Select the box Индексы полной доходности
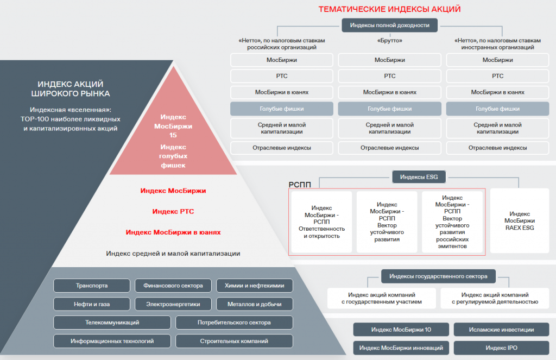tap(389, 25)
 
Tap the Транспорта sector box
tap(92, 286)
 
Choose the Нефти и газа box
tap(92, 304)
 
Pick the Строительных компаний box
tap(234, 341)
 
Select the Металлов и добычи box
tap(254, 304)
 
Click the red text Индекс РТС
tap(173, 211)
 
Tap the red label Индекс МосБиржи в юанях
tap(173, 232)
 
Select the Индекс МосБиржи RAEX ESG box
tap(519, 221)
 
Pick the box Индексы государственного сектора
tap(438, 276)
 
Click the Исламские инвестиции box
tap(501, 330)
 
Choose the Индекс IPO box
tap(501, 348)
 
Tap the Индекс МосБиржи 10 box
tap(401, 330)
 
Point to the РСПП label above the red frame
tap(300, 185)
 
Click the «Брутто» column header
tap(389, 40)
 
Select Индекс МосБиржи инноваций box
tap(401, 348)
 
